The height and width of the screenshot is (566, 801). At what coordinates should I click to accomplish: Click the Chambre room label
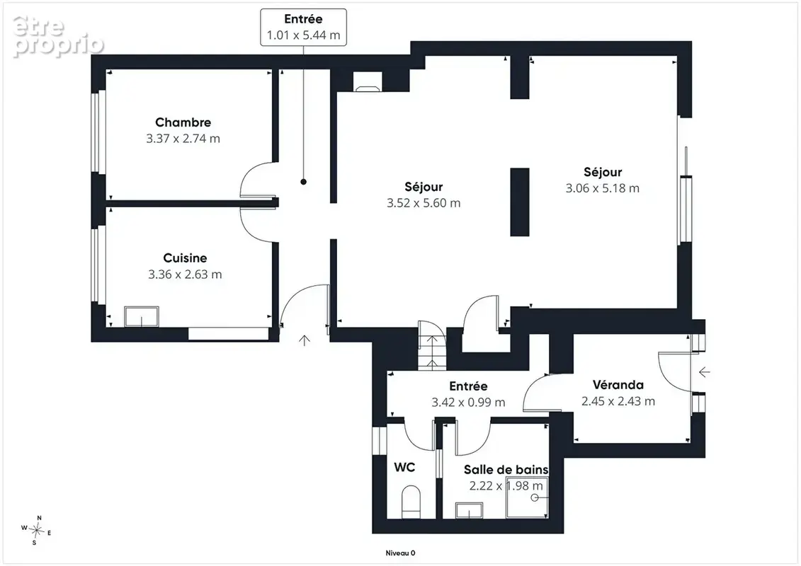(x=183, y=122)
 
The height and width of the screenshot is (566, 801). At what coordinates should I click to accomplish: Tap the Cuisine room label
(x=185, y=258)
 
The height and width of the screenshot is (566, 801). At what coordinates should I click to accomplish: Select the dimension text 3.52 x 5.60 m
(x=424, y=203)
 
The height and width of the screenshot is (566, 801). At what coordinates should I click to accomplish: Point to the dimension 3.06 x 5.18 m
(x=602, y=188)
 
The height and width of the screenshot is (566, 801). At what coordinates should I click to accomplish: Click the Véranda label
(x=618, y=385)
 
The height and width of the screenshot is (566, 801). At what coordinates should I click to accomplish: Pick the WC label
(x=404, y=467)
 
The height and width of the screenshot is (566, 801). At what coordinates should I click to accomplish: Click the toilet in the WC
(x=411, y=501)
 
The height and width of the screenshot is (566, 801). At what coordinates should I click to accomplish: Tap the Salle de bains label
(x=506, y=470)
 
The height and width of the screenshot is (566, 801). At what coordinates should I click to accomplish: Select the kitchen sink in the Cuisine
(x=142, y=316)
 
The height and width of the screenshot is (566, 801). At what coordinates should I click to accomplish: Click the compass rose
(x=36, y=531)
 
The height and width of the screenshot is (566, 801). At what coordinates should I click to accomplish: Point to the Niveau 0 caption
(x=401, y=553)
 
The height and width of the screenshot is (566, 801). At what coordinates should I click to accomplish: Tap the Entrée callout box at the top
(x=303, y=27)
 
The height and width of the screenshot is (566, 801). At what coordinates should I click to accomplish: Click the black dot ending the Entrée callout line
(x=303, y=182)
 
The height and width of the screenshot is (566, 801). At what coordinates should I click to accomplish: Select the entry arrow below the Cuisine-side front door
(x=305, y=340)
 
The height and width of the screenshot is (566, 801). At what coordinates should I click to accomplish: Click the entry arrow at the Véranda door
(x=705, y=372)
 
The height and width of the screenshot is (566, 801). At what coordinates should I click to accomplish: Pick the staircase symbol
(x=431, y=345)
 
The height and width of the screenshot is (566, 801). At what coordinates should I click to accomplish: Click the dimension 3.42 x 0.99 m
(x=468, y=402)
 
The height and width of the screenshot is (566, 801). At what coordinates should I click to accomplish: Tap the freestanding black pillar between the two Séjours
(x=520, y=202)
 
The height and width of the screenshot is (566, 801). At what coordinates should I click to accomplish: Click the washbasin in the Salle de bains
(x=470, y=510)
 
